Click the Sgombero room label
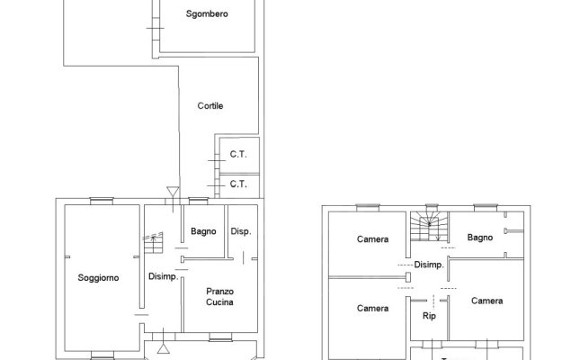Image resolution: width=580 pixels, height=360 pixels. [x=207, y=14]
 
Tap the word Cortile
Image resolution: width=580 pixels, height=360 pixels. [x=210, y=106]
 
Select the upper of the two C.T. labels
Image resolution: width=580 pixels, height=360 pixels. [x=238, y=154]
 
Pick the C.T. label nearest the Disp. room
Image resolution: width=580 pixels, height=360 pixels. [x=238, y=184]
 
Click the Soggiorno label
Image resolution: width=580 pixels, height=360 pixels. [x=98, y=278]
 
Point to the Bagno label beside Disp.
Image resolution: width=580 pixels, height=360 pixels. [x=203, y=231]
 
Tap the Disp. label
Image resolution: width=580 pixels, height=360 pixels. [x=241, y=231]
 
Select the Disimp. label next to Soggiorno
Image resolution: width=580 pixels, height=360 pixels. [x=163, y=276]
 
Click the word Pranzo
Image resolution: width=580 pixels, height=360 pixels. [x=219, y=292]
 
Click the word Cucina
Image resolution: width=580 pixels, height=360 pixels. [x=219, y=302]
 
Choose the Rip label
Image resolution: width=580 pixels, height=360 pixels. [x=429, y=316]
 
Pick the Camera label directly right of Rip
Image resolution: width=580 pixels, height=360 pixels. [x=486, y=301]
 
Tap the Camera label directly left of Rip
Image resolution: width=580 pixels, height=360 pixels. [x=372, y=309]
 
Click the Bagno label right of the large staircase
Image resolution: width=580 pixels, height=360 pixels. [x=480, y=238]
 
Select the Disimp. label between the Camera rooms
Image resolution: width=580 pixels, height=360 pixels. [x=429, y=265]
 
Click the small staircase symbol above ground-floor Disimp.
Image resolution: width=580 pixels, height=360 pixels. [x=153, y=243]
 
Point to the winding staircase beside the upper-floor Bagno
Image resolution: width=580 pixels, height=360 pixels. [x=429, y=226]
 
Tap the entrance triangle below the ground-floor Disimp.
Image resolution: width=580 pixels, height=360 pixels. [x=163, y=348]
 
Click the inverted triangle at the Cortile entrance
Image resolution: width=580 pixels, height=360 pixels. [x=173, y=192]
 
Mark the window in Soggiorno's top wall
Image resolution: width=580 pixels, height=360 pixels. [x=102, y=201]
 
